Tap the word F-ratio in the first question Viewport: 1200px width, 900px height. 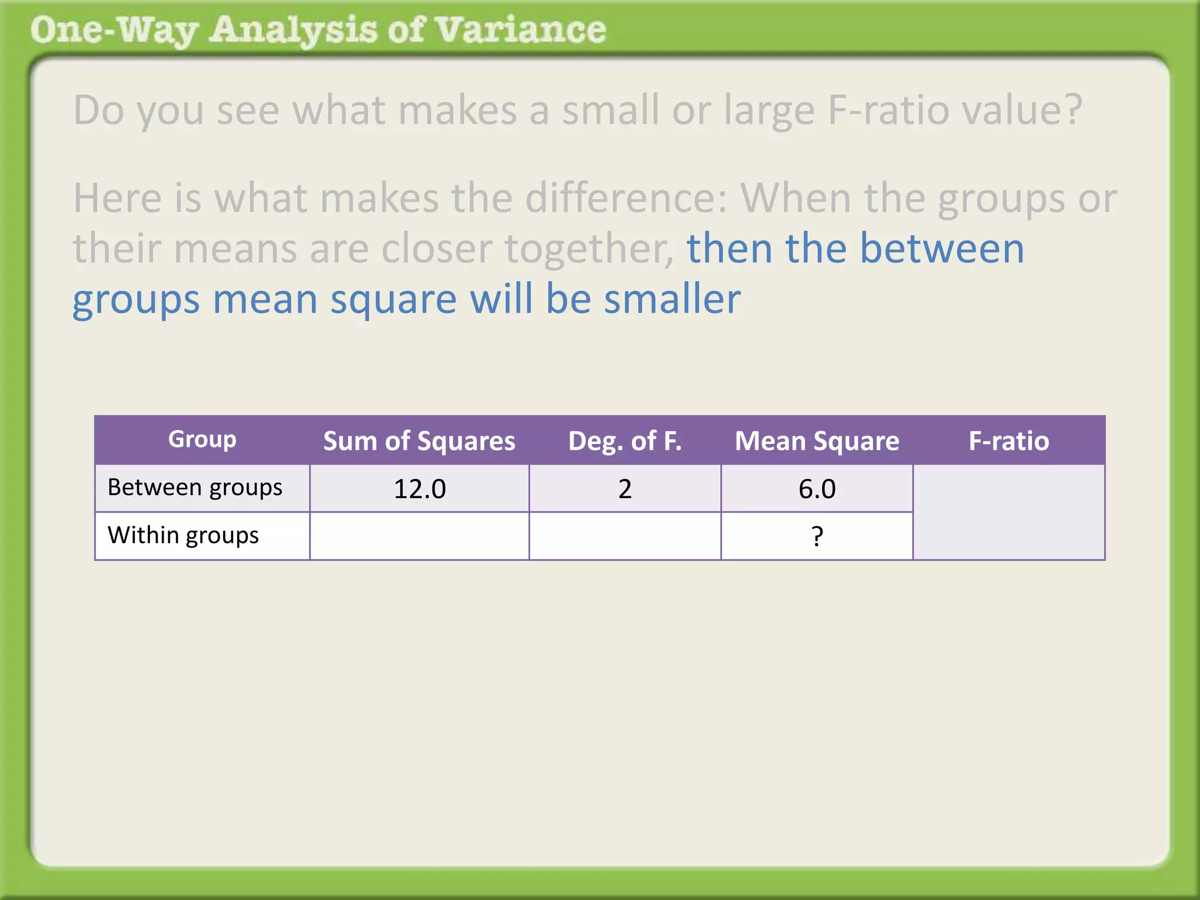(x=888, y=110)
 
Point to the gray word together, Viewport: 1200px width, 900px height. (x=589, y=249)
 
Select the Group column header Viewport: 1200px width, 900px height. (x=202, y=439)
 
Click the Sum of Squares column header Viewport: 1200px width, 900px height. (x=419, y=441)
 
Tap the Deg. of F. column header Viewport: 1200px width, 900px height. (x=625, y=441)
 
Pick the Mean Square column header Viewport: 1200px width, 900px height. (x=817, y=441)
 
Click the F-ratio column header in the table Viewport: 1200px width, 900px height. (x=1008, y=441)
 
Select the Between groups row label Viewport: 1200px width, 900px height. (x=195, y=487)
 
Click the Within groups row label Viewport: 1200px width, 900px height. (x=183, y=536)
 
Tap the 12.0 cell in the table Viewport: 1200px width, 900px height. (x=420, y=489)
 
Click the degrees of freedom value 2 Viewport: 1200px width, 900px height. (x=625, y=489)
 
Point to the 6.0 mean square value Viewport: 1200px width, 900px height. (x=817, y=489)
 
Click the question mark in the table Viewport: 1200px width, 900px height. (x=817, y=536)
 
